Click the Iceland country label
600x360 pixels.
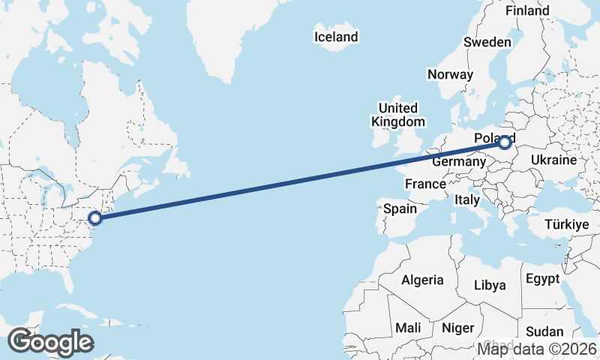click(x=336, y=37)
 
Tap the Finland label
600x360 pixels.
click(x=526, y=10)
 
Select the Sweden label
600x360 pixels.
click(x=487, y=42)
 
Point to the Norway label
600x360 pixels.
click(x=450, y=74)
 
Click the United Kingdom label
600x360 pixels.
click(x=397, y=115)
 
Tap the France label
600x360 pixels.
click(x=425, y=184)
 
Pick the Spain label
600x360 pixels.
click(x=400, y=209)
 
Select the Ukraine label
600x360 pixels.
click(x=553, y=160)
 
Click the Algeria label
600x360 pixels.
click(x=422, y=280)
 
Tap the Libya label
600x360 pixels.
click(x=490, y=285)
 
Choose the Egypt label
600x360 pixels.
click(x=542, y=279)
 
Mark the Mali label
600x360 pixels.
click(x=409, y=328)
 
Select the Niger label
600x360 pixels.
click(x=458, y=328)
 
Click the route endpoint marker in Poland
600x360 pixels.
click(x=505, y=142)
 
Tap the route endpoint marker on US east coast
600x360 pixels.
click(x=95, y=218)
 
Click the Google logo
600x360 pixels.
click(x=50, y=342)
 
